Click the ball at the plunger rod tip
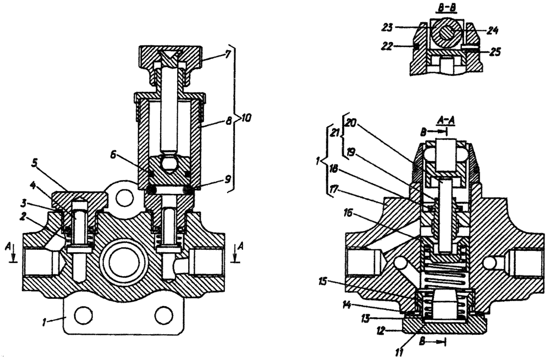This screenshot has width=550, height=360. click(x=168, y=163)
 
